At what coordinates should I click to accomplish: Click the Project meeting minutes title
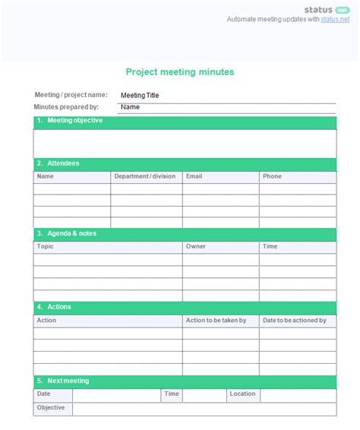point(180,72)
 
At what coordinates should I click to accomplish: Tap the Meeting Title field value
point(140,96)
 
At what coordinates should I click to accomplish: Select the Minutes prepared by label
point(66,107)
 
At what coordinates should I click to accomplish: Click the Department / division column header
point(144,176)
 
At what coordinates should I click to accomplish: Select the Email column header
point(194,176)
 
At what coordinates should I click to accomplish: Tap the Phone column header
point(272,176)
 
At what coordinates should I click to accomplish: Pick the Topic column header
point(46,246)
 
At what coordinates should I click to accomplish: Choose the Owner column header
point(196,246)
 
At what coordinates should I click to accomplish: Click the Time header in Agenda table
point(270,246)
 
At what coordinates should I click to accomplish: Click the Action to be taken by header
point(216,321)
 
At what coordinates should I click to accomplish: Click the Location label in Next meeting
point(242,394)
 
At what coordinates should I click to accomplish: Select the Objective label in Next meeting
point(51,407)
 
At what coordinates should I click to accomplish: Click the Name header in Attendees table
point(46,176)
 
